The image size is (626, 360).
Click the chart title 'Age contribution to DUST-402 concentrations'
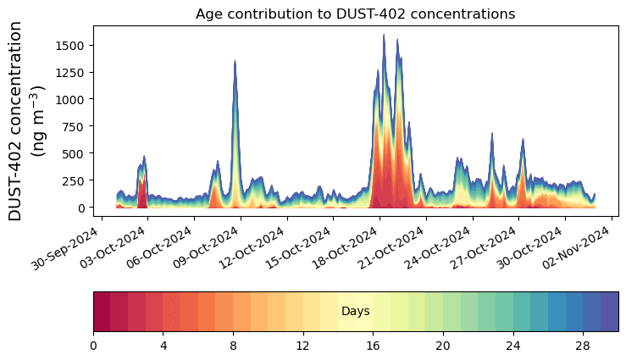355,14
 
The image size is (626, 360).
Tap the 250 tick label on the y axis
75,180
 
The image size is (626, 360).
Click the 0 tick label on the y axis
82,208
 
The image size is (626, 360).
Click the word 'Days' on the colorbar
355,312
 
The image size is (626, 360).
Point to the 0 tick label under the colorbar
93,346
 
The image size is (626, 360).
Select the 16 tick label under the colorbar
373,346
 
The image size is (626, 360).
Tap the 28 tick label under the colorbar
583,346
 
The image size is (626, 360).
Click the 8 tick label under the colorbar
233,346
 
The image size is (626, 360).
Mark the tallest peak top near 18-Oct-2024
384,35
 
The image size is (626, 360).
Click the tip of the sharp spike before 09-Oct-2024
235,61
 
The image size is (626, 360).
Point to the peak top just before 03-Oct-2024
145,156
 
